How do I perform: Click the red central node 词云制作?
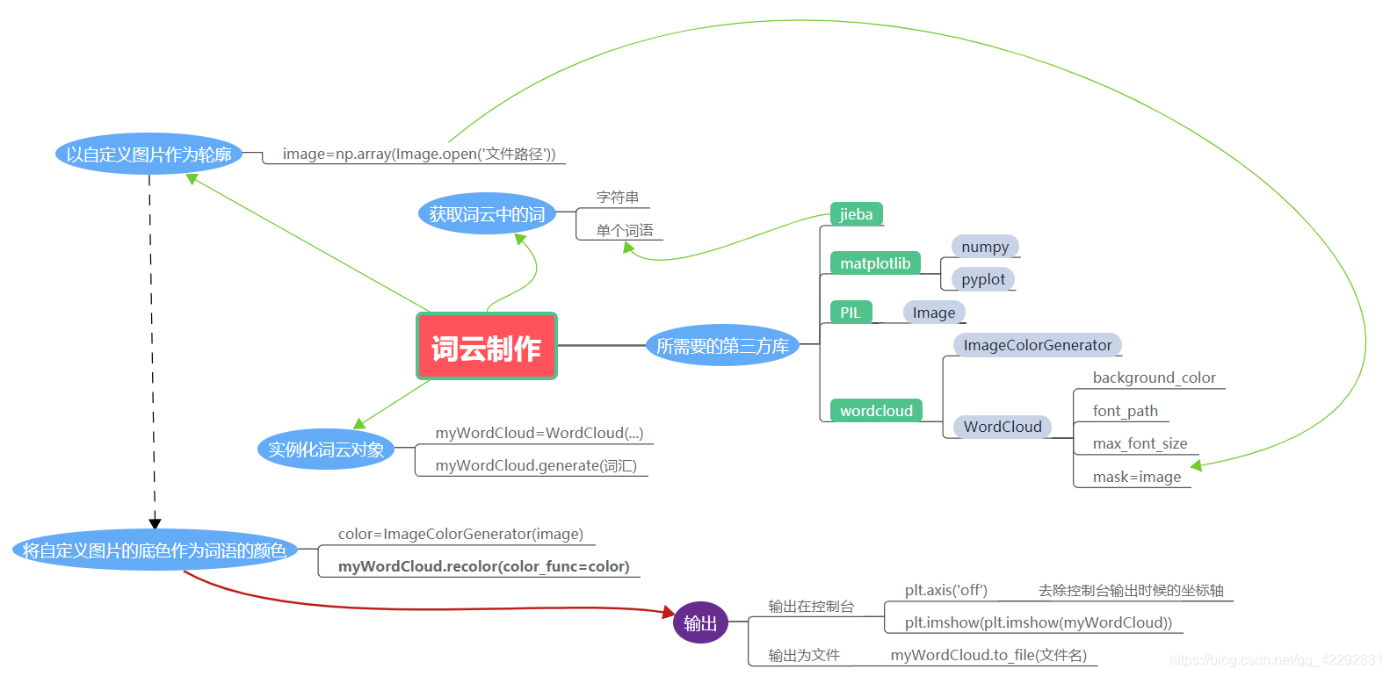[486, 347]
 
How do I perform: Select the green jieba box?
[856, 214]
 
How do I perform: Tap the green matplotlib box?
[875, 263]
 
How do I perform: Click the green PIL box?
[851, 313]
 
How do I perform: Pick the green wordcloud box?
[876, 411]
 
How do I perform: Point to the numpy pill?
[985, 247]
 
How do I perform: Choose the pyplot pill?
[983, 279]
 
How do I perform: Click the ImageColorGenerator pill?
[1037, 345]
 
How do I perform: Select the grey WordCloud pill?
[1003, 427]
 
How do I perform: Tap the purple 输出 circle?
[700, 622]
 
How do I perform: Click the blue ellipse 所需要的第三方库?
[722, 346]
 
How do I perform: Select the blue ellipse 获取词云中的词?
[487, 214]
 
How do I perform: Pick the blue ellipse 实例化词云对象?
[326, 449]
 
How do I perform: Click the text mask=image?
[1136, 477]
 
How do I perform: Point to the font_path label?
[1125, 411]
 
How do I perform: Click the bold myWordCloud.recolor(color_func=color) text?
[484, 566]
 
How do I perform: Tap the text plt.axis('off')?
[945, 590]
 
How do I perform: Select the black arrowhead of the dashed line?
[156, 523]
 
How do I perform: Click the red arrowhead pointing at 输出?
[668, 611]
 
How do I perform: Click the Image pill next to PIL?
[933, 313]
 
